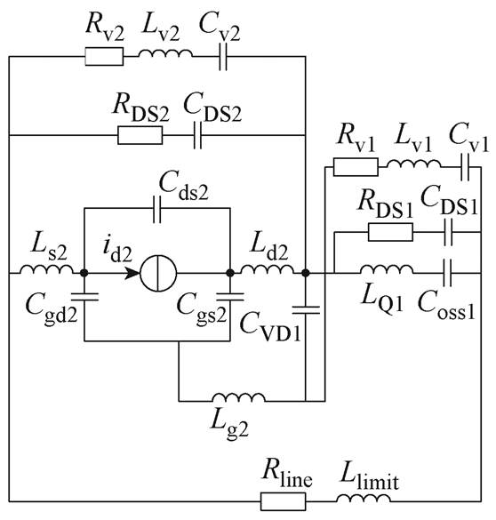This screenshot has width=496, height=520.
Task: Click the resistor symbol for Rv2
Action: point(104,56)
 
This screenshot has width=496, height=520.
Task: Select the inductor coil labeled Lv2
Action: point(165,54)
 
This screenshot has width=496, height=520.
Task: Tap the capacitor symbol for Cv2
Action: point(223,56)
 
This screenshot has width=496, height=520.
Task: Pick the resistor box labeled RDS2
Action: point(140,135)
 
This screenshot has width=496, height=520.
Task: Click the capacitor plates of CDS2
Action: point(197,135)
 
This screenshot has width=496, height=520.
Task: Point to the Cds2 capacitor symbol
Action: point(156,209)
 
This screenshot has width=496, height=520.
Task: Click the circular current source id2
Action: point(158,273)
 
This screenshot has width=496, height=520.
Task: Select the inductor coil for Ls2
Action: point(46,270)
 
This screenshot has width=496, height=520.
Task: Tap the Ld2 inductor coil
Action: point(267,270)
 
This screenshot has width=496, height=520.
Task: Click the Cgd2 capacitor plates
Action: point(84,296)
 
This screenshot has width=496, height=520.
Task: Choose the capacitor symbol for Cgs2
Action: point(230,296)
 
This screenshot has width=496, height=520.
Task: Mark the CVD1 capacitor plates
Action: point(306,310)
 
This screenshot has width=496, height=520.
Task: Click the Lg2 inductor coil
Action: point(239,397)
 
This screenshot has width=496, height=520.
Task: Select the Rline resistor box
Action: point(283,501)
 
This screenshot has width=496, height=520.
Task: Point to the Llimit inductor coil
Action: point(364,499)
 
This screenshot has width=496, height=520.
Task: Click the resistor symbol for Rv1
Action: point(356,167)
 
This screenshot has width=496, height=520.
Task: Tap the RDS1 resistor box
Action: point(390,232)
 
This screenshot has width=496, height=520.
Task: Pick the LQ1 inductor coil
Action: point(387,270)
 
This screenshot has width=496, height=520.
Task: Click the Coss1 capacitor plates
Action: point(448,273)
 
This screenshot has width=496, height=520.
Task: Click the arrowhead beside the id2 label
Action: point(132,273)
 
